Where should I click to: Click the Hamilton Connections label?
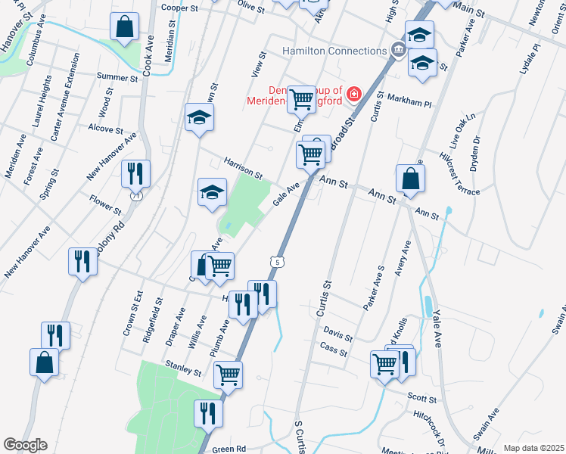click(334, 51)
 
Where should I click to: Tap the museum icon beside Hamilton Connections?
click(398, 51)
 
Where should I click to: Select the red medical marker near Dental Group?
click(354, 95)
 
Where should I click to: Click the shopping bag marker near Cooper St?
click(124, 26)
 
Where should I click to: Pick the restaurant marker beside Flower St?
click(136, 174)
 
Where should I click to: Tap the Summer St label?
click(117, 77)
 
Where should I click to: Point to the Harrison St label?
click(242, 169)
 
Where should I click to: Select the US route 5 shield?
click(278, 262)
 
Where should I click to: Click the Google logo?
click(25, 445)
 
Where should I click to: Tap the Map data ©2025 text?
click(533, 448)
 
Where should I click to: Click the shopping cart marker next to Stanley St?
click(228, 374)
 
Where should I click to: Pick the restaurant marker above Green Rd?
click(208, 413)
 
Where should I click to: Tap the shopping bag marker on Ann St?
click(409, 179)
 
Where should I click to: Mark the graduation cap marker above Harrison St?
click(200, 117)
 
